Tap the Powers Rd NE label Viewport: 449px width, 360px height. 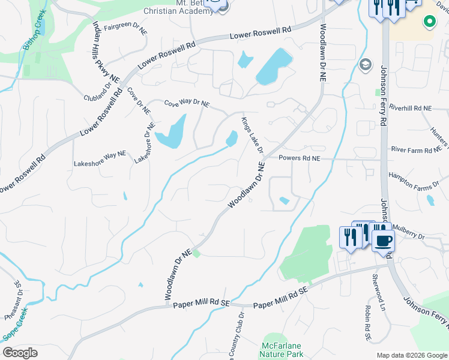coord(300,158)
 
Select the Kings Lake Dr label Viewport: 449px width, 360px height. coord(252,138)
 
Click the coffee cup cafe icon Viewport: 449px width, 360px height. coord(384,241)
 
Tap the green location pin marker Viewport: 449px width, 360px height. coord(429,23)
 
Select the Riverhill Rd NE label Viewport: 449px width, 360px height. coord(411,107)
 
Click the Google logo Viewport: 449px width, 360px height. coord(20,353)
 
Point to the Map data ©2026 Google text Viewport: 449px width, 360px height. coord(412,355)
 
